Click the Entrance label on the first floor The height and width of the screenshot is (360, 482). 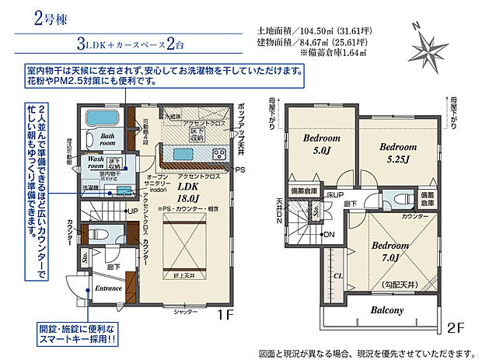108,288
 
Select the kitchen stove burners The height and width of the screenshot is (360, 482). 219,154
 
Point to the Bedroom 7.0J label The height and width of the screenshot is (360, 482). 390,251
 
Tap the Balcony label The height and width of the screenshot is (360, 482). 386,310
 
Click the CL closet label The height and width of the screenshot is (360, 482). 337,274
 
